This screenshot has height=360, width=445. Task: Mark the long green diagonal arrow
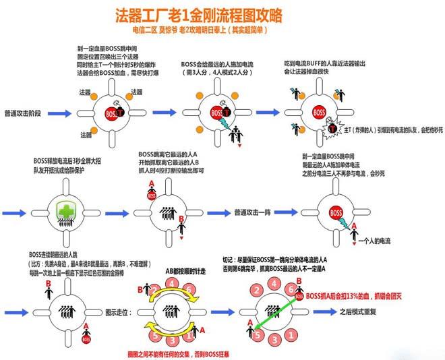(x=276, y=311)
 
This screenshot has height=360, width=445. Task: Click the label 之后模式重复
(x=359, y=312)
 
